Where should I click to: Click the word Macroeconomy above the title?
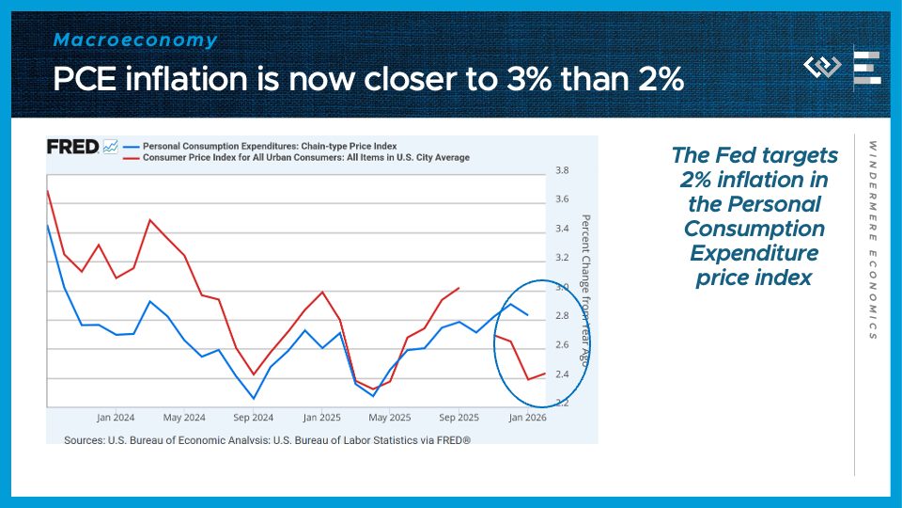(135, 40)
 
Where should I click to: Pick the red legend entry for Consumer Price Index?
(305, 157)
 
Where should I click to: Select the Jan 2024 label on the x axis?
(116, 417)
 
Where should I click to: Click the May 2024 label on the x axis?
(184, 417)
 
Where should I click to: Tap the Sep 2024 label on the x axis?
(253, 417)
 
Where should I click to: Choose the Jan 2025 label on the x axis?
(321, 417)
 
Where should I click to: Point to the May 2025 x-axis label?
(390, 417)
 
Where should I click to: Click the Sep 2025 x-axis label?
(459, 417)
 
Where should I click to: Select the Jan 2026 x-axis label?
(527, 417)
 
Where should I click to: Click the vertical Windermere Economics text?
(872, 240)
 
